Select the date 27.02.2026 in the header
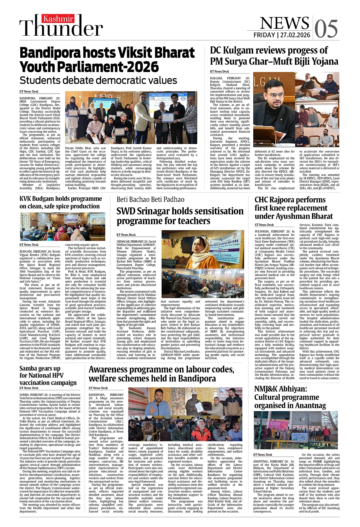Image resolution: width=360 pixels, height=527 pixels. pyautogui.click(x=295, y=35)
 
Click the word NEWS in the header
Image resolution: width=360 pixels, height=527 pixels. pyautogui.click(x=284, y=23)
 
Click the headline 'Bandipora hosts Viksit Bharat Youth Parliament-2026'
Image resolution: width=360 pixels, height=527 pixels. pyautogui.click(x=107, y=60)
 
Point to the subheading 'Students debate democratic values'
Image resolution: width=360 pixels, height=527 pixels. pyautogui.click(x=98, y=80)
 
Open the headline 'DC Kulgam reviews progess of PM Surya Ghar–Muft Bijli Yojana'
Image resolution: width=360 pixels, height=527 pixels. pyautogui.click(x=274, y=56)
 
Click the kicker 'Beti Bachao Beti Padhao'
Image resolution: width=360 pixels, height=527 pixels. pyautogui.click(x=150, y=199)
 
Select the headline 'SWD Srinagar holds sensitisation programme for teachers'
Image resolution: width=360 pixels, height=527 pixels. pyautogui.click(x=180, y=216)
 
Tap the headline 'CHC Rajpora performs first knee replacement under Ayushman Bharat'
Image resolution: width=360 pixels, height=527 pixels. pyautogui.click(x=293, y=208)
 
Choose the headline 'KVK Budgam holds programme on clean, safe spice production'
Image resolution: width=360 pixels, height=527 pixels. pyautogui.click(x=61, y=202)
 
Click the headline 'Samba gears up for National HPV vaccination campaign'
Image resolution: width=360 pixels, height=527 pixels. pyautogui.click(x=48, y=375)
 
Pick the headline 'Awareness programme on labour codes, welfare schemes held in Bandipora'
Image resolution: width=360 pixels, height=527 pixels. pyautogui.click(x=161, y=374)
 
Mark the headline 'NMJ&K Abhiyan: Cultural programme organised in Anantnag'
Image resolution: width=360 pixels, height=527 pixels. pyautogui.click(x=290, y=397)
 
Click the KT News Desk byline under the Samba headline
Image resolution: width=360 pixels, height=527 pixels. pyautogui.click(x=29, y=388)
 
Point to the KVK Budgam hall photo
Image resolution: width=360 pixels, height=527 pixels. pyautogui.click(x=62, y=226)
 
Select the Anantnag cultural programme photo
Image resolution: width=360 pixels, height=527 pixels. pyautogui.click(x=296, y=430)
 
